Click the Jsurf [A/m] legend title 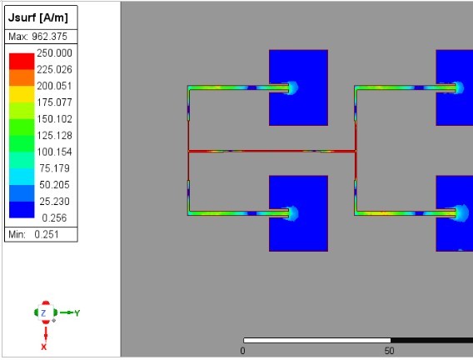coord(42,17)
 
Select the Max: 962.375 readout coord(42,37)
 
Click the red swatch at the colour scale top coord(21,60)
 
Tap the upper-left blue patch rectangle coord(298,87)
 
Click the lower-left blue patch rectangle coord(298,213)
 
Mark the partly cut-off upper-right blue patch coord(455,87)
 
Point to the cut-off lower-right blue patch coord(455,213)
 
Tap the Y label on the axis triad coord(77,312)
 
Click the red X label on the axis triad coord(43,346)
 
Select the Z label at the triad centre coord(43,312)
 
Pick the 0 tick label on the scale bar coord(242,351)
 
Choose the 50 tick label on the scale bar coord(389,351)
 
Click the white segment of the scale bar coord(316,340)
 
